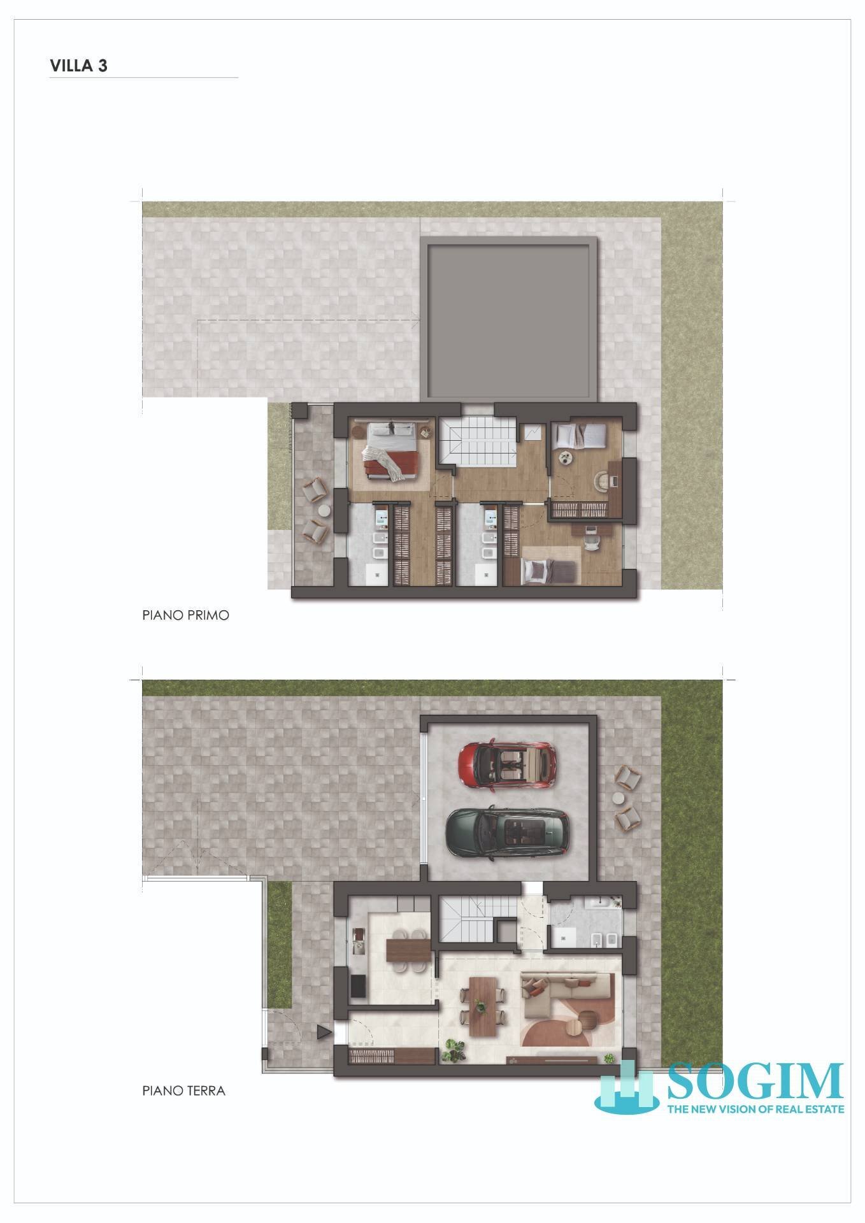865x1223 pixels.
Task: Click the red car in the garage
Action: click(507, 764)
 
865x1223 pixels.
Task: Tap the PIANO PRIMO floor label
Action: click(185, 616)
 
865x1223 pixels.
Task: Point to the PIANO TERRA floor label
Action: click(183, 1091)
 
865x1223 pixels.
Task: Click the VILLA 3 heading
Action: click(78, 66)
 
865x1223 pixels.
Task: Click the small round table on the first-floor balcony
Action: click(324, 511)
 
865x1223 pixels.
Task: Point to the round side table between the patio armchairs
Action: click(619, 798)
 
